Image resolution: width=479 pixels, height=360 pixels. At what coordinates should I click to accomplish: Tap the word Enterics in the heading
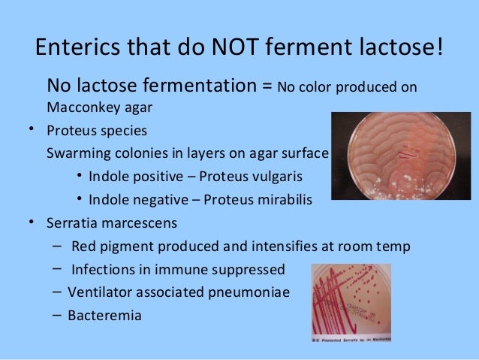point(77,50)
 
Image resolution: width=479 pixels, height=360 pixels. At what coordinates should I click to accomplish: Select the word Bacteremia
point(104,316)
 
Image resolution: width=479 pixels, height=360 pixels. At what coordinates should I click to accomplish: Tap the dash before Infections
point(58,269)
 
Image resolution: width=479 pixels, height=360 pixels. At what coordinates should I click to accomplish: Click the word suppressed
point(249,270)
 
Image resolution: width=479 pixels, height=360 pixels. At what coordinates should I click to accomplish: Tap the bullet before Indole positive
point(80,178)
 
